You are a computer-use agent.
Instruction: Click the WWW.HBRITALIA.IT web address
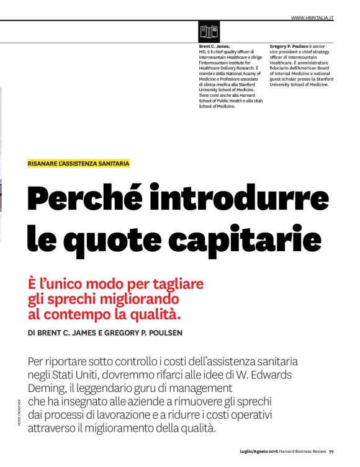click(312, 18)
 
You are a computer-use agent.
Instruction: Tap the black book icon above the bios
click(209, 31)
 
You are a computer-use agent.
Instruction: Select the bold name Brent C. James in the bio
click(214, 47)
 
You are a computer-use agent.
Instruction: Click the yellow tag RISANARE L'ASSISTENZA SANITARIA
click(79, 164)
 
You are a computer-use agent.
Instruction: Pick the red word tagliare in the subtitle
click(178, 283)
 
